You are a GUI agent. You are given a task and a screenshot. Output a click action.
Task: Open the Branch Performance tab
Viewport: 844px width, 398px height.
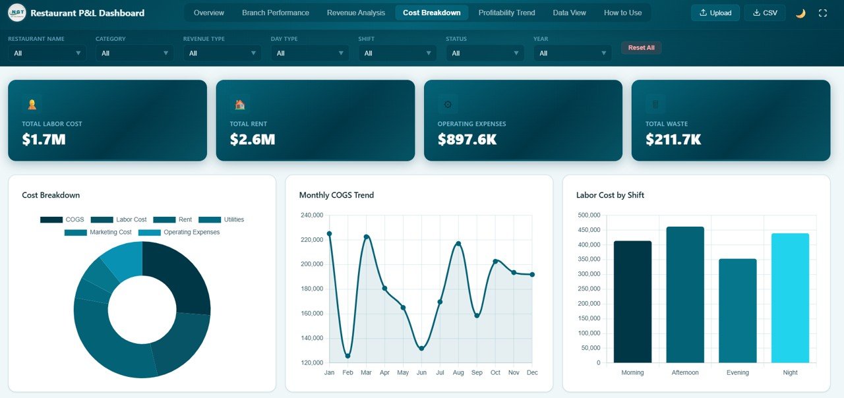[x=275, y=13]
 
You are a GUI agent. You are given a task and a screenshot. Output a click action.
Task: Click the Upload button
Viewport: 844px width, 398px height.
[x=715, y=13]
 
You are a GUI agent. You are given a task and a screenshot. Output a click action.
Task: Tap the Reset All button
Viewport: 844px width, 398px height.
[x=641, y=47]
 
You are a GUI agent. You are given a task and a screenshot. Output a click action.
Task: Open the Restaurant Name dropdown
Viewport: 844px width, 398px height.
[x=47, y=53]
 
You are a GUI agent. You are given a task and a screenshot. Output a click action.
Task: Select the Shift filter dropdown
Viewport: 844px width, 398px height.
[x=397, y=53]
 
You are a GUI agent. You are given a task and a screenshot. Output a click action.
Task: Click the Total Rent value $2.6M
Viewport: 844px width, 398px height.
[x=252, y=139]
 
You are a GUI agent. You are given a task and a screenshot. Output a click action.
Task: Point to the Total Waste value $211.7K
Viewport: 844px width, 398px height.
[x=673, y=139]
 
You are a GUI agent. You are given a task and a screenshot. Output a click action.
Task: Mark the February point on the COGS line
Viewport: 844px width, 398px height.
[x=347, y=356]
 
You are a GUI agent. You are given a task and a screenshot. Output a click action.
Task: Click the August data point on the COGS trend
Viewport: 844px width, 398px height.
[x=458, y=244]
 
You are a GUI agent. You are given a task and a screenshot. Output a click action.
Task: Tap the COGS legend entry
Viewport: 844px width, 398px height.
[x=62, y=219]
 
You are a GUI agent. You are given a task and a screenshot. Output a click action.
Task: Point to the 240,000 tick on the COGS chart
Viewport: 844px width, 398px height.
[x=311, y=215]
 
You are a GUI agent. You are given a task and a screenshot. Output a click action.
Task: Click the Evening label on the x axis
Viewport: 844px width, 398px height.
[x=737, y=372]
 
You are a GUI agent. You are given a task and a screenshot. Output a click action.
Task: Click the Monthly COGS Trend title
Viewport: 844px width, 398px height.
[x=336, y=195]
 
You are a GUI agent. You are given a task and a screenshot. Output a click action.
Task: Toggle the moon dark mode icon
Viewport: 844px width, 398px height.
[x=800, y=13]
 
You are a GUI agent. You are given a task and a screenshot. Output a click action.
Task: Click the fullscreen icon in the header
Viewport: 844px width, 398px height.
[x=822, y=13]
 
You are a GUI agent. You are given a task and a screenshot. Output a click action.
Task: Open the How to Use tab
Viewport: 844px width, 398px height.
[x=622, y=13]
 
